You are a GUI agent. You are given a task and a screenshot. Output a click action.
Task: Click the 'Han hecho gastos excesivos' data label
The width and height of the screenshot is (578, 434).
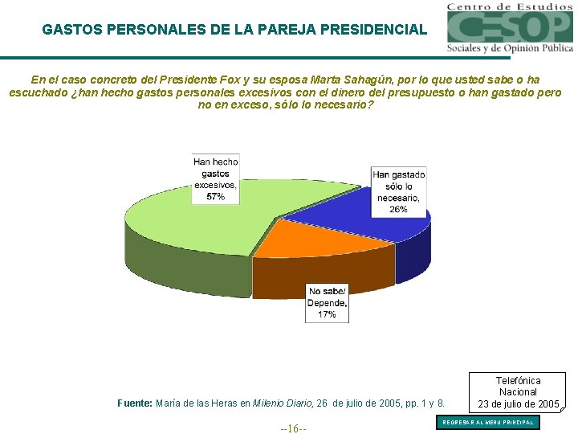[215, 178]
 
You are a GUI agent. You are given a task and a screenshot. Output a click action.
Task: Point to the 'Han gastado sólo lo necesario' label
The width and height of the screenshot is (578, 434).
[398, 191]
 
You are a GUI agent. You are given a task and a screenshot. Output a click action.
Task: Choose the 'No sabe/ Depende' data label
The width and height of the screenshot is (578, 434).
[327, 303]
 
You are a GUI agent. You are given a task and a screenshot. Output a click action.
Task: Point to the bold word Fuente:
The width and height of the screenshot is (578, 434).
[135, 403]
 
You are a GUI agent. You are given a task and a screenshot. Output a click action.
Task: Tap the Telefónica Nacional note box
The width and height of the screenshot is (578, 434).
[518, 391]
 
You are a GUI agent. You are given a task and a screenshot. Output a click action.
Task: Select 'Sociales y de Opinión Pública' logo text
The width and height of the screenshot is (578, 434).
[511, 48]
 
